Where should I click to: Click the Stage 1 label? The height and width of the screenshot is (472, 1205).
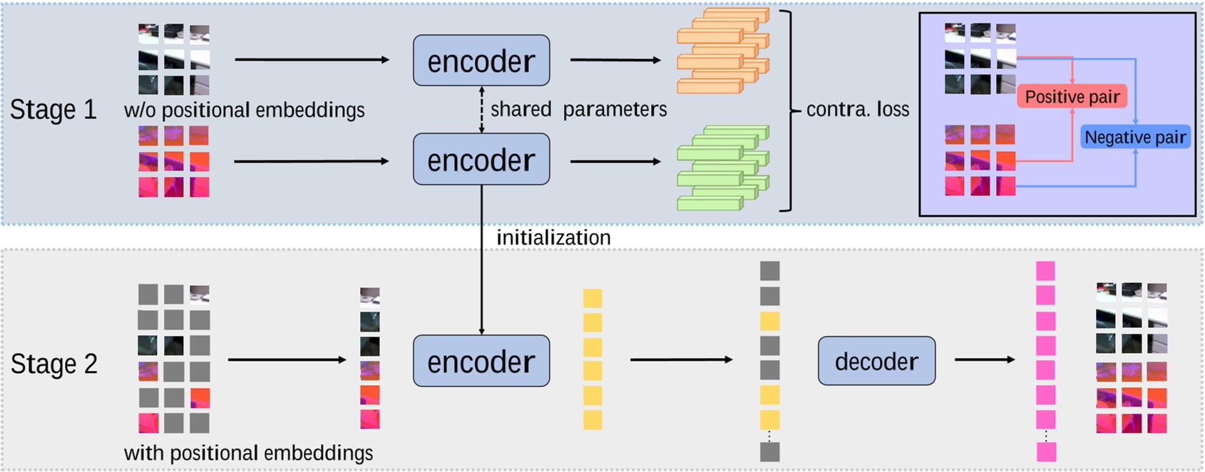(x=53, y=110)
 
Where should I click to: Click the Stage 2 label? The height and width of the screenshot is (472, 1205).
(x=53, y=364)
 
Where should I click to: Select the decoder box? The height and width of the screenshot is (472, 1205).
(x=876, y=361)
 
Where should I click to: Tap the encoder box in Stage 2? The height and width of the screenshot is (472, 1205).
(x=481, y=361)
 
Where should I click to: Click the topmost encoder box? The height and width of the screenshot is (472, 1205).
(x=481, y=61)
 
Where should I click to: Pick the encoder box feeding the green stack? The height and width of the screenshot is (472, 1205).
(x=481, y=160)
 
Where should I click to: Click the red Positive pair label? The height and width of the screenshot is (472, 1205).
(x=1072, y=97)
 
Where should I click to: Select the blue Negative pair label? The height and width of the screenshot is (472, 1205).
(x=1135, y=137)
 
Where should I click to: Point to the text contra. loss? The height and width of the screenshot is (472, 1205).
(x=858, y=110)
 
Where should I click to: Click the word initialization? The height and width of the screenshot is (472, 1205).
(x=553, y=237)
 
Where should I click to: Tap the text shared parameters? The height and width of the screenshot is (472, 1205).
(x=578, y=109)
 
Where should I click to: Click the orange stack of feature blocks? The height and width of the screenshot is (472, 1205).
(x=722, y=51)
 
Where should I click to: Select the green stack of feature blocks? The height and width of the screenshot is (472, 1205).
(x=722, y=168)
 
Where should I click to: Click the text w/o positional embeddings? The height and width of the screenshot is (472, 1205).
(x=244, y=111)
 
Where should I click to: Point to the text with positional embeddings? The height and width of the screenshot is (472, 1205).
(x=248, y=453)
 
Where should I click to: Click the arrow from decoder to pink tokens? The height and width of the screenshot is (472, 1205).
(x=984, y=359)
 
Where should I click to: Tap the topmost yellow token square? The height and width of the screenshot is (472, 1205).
(x=593, y=298)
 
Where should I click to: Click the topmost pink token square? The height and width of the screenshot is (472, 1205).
(x=1045, y=271)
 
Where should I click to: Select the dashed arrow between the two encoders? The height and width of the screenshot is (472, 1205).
(x=482, y=110)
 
